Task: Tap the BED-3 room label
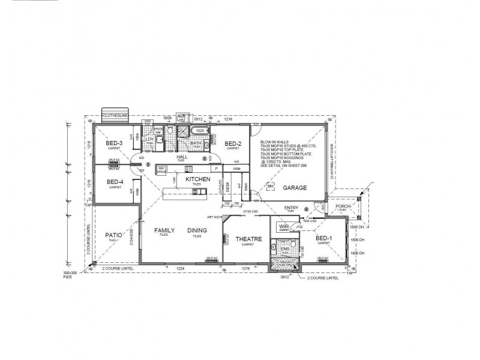(115, 143)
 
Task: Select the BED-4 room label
(115, 182)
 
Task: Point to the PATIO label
(114, 235)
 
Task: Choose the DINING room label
(197, 230)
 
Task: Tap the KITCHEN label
(197, 179)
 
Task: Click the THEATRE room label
(248, 239)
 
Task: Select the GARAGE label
(295, 188)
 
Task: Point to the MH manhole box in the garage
(271, 187)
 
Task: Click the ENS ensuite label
(285, 248)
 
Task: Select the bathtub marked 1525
(198, 131)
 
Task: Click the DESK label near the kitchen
(227, 186)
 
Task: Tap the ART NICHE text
(215, 217)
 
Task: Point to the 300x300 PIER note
(71, 274)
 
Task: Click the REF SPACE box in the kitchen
(161, 170)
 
